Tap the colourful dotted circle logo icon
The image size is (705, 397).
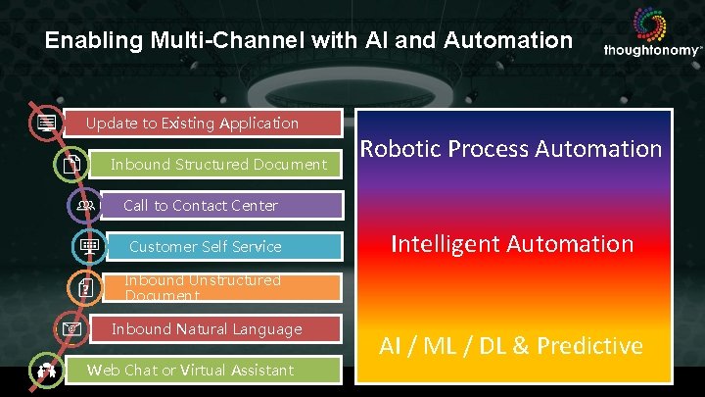click(649, 24)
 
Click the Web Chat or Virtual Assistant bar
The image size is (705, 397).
click(206, 370)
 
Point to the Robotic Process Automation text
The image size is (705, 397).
click(511, 149)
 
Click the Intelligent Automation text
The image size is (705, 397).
click(512, 243)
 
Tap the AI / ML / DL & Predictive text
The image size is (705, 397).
click(511, 345)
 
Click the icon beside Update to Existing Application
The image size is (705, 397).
click(43, 124)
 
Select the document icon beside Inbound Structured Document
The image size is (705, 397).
click(71, 166)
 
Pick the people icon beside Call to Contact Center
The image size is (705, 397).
click(85, 206)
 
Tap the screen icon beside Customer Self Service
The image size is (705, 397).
click(88, 247)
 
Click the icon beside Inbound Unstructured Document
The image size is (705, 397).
click(85, 287)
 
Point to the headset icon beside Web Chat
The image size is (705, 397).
click(45, 371)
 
